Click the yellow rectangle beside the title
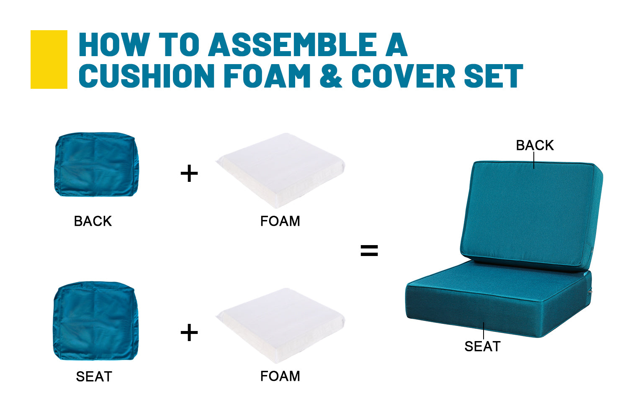click(x=49, y=59)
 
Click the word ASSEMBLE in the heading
click(x=292, y=44)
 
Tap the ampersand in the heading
click(x=331, y=76)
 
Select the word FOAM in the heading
click(x=267, y=76)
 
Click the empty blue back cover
click(x=96, y=164)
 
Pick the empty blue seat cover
click(x=95, y=321)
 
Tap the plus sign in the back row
click(x=189, y=173)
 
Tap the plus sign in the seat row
click(x=189, y=333)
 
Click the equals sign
click(x=369, y=251)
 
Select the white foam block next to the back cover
click(x=281, y=171)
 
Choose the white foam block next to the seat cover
click(x=281, y=326)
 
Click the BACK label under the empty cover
click(x=93, y=221)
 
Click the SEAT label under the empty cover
click(x=94, y=377)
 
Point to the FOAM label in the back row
click(x=280, y=221)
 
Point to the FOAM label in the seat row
click(x=280, y=376)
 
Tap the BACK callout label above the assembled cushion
click(x=535, y=145)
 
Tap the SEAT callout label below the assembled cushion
click(x=482, y=347)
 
